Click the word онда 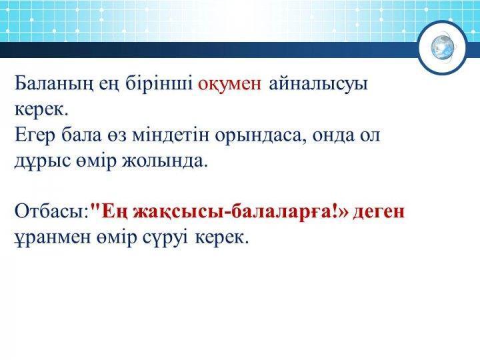[x=334, y=135]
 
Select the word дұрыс [x=43, y=162]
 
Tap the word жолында [x=165, y=161]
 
